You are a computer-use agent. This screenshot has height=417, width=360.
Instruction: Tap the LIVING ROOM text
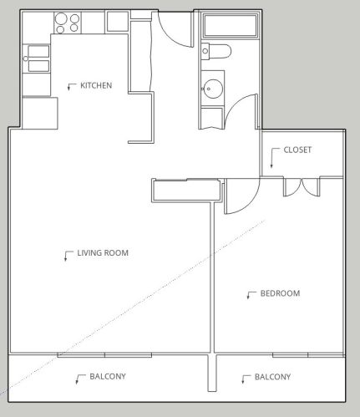(103, 252)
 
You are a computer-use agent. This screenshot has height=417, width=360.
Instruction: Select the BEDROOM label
(280, 293)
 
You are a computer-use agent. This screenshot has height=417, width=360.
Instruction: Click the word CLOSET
(297, 150)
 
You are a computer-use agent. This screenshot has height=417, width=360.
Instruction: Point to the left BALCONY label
(108, 377)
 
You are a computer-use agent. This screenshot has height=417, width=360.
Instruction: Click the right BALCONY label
(273, 378)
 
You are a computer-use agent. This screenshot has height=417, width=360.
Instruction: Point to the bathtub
(228, 27)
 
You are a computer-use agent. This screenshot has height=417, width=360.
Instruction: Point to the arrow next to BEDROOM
(250, 295)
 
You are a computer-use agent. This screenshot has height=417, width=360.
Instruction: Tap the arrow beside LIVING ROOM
(66, 255)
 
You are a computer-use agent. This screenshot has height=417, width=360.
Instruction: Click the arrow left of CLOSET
(276, 152)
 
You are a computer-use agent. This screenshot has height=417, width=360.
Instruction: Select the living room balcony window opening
(104, 355)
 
